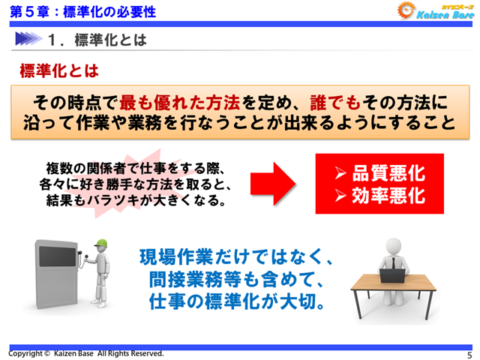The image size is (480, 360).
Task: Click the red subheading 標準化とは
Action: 58,71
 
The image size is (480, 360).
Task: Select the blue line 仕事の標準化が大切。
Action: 236,304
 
